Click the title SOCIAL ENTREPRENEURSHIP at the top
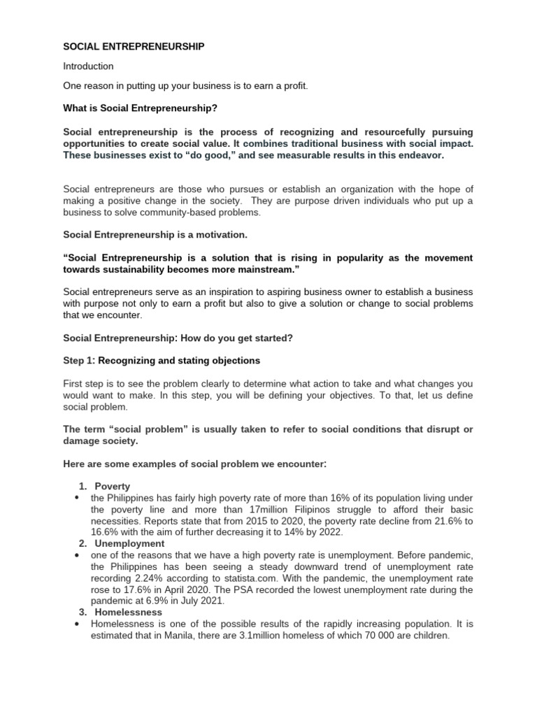(x=134, y=47)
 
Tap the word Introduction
(x=88, y=66)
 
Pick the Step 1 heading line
(x=162, y=360)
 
